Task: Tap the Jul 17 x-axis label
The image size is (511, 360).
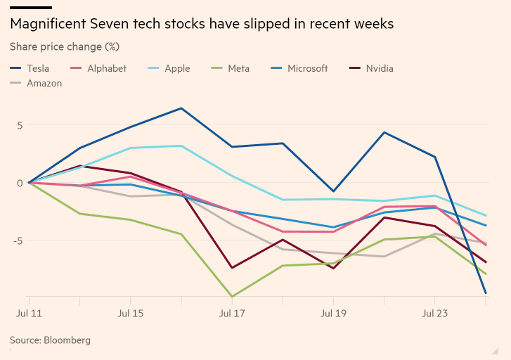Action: point(232,311)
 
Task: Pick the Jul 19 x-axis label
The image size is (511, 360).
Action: point(333,311)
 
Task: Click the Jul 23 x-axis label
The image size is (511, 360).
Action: point(435,311)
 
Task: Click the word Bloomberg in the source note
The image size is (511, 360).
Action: point(67,340)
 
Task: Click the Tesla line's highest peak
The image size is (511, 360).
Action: point(181,108)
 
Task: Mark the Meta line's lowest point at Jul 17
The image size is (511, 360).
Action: point(232,297)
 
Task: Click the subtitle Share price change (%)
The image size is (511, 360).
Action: point(65,47)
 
